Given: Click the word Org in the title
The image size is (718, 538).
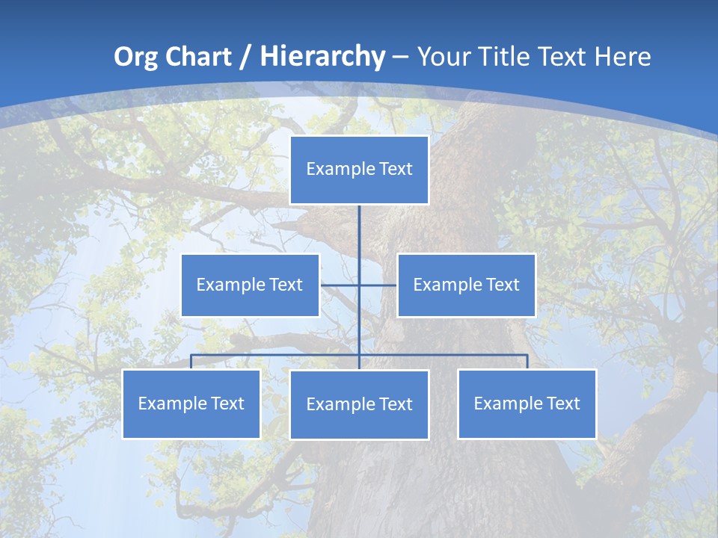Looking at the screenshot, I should click(135, 57).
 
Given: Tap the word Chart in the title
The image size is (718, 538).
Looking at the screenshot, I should click(196, 57).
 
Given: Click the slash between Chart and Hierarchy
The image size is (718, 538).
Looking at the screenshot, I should click(243, 57).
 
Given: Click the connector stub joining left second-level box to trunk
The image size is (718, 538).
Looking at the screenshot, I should click(340, 285).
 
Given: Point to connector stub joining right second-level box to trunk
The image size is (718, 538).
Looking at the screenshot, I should click(378, 285).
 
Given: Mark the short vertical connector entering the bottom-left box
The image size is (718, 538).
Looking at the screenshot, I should click(191, 362).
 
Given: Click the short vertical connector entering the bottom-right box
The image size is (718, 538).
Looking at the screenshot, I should click(527, 362).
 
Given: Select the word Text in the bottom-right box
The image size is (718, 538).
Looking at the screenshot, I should click(563, 403).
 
